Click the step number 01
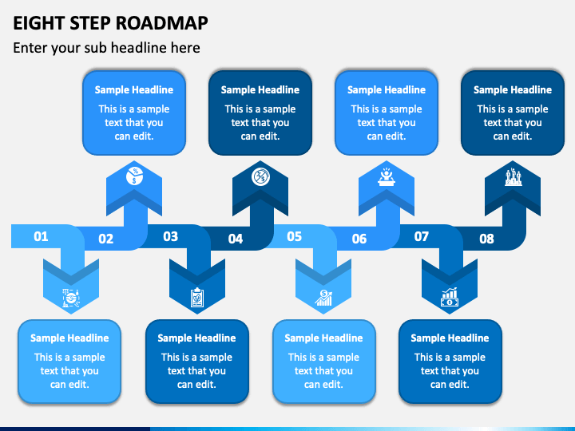(x=41, y=236)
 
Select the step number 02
(x=105, y=239)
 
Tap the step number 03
(x=171, y=236)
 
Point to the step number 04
(x=236, y=239)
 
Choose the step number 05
(x=294, y=236)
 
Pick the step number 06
(x=359, y=239)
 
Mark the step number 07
(x=422, y=236)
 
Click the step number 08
(x=486, y=239)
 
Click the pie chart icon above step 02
(x=135, y=176)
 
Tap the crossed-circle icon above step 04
(x=260, y=176)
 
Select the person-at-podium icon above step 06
(x=387, y=176)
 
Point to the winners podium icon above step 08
(x=513, y=177)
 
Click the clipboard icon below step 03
(x=197, y=298)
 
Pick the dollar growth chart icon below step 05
(x=323, y=298)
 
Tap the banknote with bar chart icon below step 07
(x=450, y=297)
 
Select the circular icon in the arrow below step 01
(x=71, y=298)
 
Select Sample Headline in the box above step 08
(x=513, y=89)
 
